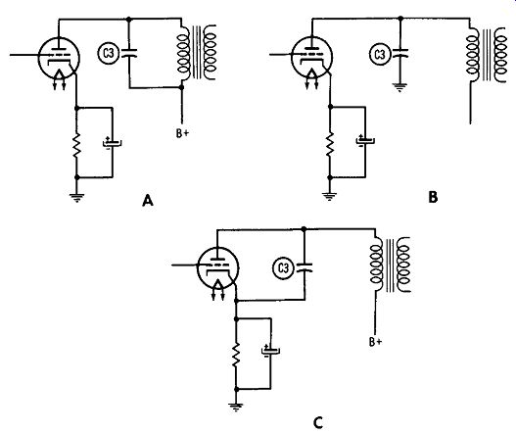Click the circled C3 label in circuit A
[x=109, y=53]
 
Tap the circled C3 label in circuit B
[x=380, y=54]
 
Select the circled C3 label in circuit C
[x=283, y=268]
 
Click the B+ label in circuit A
[x=182, y=133]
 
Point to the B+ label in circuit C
[x=375, y=342]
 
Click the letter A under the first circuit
[x=148, y=201]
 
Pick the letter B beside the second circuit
[x=433, y=197]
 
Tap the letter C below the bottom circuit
[x=318, y=422]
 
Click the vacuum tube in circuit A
[x=59, y=59]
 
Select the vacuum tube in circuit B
[x=312, y=58]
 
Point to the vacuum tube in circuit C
[x=217, y=268]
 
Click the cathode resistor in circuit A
[x=76, y=145]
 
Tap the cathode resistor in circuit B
[x=330, y=144]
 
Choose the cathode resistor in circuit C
[x=236, y=355]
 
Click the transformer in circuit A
[x=197, y=52]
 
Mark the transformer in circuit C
[x=391, y=265]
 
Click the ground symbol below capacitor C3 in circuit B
[x=399, y=87]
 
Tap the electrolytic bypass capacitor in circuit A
[x=113, y=143]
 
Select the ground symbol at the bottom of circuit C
[x=236, y=407]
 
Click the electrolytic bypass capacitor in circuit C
[x=270, y=351]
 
